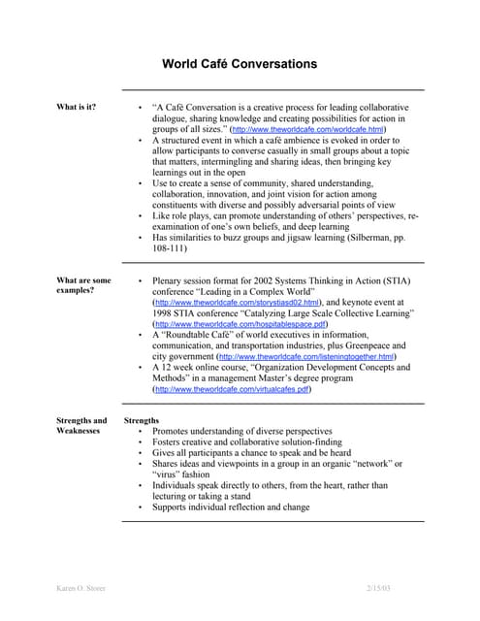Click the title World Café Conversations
point(239,64)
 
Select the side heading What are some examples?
point(83,286)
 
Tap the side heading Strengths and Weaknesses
point(82,426)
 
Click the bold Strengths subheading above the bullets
point(142,420)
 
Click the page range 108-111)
point(170,248)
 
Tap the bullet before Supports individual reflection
point(142,507)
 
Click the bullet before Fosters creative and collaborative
point(142,441)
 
